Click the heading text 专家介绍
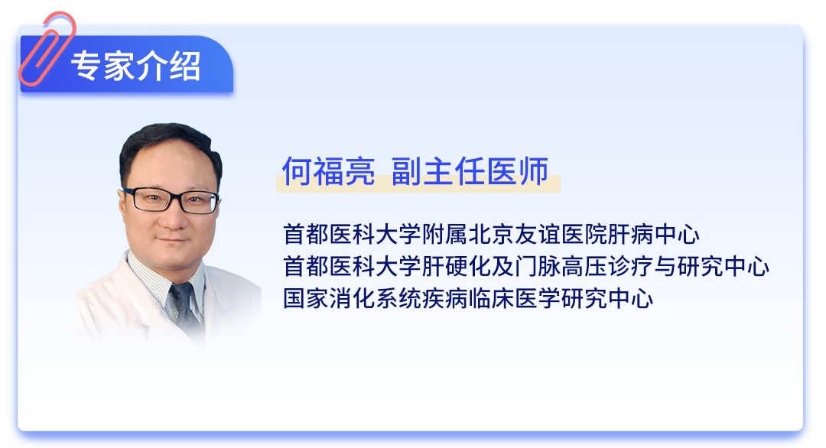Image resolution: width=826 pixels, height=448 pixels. coord(136,67)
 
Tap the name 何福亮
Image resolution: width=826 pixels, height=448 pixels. coord(328,171)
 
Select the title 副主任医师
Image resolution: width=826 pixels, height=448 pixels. coord(470,171)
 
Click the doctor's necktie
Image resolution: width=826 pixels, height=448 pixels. coord(184,308)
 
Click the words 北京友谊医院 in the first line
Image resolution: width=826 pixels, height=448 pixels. coord(538,234)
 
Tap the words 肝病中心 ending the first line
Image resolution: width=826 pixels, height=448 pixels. coord(653,234)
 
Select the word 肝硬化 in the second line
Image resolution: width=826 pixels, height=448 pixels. coord(457,266)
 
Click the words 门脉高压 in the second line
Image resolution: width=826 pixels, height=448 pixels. coord(561,266)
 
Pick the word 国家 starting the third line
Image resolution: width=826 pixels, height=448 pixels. coord(306,298)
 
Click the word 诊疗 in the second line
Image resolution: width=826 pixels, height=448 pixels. coord(630,266)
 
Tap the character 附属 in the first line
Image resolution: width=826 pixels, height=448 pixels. coord(445,234)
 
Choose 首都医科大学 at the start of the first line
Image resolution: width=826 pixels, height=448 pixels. coord(353,234)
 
